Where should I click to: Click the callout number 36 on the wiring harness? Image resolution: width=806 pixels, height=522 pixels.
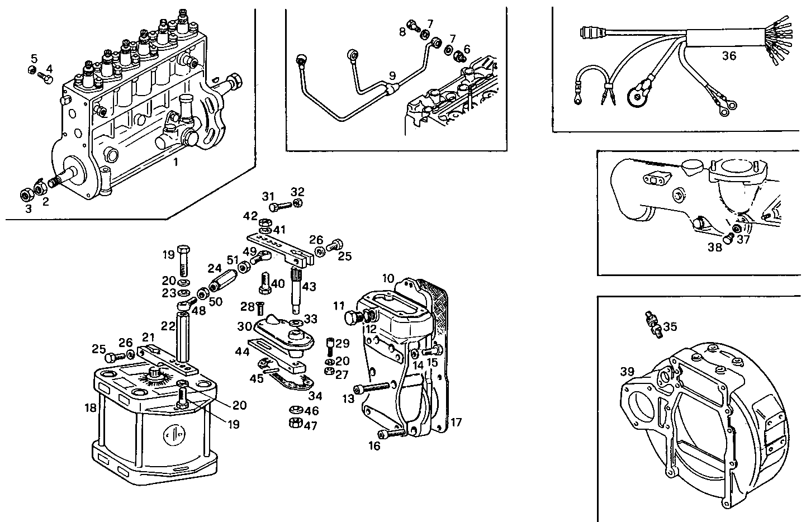pyautogui.click(x=729, y=56)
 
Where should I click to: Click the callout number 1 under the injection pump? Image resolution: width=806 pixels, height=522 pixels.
pyautogui.click(x=176, y=163)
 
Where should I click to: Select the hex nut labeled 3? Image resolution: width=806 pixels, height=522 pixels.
pyautogui.click(x=25, y=194)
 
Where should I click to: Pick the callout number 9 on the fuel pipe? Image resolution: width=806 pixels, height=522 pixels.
pyautogui.click(x=392, y=75)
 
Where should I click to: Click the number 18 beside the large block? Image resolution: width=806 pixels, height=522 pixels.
pyautogui.click(x=90, y=408)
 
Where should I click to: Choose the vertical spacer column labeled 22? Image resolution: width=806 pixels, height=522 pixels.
pyautogui.click(x=183, y=338)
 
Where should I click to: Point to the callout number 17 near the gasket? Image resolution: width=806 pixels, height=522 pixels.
pyautogui.click(x=456, y=423)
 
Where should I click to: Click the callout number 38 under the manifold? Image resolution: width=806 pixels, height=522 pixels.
pyautogui.click(x=715, y=247)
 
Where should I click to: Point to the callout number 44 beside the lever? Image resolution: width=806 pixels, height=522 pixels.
pyautogui.click(x=241, y=352)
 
